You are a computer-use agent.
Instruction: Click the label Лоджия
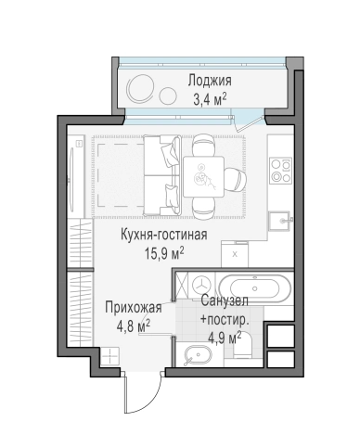click(x=209, y=80)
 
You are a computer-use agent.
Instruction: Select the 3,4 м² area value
click(x=209, y=97)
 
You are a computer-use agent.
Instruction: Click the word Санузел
click(x=224, y=303)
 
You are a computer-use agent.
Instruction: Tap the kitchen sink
click(x=278, y=220)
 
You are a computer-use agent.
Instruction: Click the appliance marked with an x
click(x=235, y=252)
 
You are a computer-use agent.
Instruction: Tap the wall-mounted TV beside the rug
click(x=78, y=176)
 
